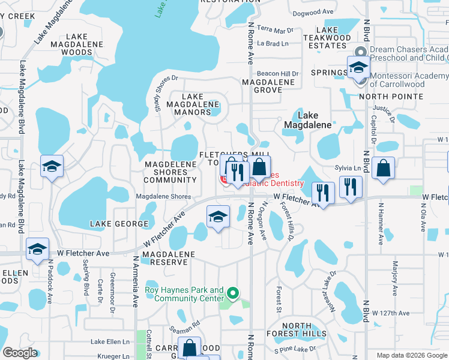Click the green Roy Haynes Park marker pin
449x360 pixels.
[232, 293]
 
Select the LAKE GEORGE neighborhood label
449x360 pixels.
[119, 224]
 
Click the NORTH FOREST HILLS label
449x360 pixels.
[304, 329]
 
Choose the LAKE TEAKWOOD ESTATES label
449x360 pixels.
[327, 37]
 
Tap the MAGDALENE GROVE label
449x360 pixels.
[268, 86]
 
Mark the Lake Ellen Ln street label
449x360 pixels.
[110, 342]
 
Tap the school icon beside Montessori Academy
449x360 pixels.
[358, 68]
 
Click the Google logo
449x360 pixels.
[20, 353]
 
